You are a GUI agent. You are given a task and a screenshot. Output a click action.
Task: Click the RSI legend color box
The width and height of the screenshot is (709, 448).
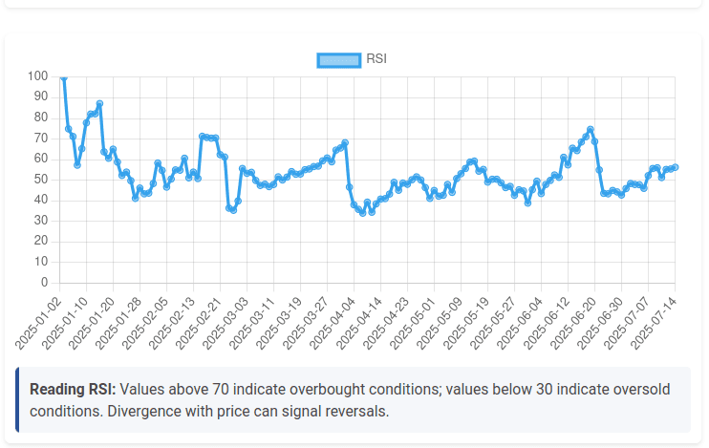coord(338,59)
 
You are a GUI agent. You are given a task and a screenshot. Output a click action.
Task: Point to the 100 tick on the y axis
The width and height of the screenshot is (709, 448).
coord(38,75)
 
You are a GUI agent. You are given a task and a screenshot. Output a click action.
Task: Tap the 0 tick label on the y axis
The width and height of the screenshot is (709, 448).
coord(45,283)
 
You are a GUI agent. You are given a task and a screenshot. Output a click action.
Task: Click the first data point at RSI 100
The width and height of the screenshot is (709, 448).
coord(63,76)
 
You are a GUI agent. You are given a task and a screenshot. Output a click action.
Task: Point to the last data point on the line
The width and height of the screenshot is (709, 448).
coord(675,167)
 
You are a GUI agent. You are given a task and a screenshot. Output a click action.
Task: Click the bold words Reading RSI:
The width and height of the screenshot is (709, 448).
coord(73,390)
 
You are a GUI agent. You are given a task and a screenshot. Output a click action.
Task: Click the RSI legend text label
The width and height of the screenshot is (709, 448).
coord(376,59)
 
